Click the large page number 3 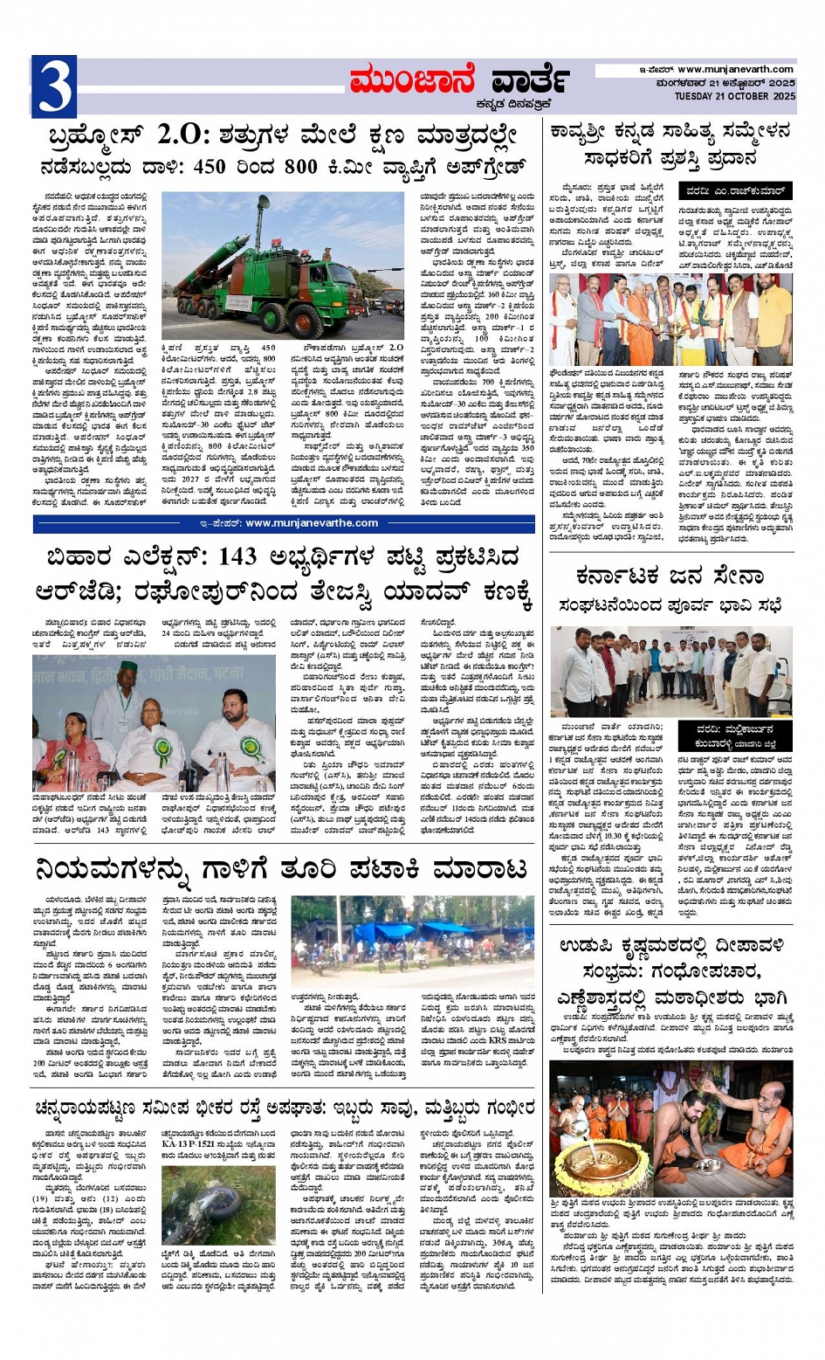point(53,86)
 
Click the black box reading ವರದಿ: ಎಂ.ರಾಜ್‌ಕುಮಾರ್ point(736,190)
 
